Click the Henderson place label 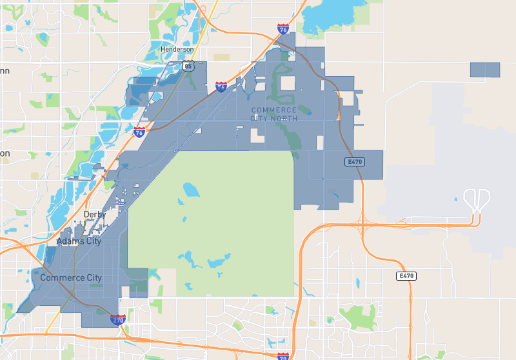177,50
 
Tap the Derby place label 94,214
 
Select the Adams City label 79,241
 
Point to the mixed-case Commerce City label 71,278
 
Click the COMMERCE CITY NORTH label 274,114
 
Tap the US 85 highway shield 188,66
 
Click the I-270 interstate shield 117,319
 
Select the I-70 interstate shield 283,356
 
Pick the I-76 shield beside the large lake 283,29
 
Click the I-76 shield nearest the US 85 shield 221,87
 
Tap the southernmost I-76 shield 139,132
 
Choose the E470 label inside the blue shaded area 355,161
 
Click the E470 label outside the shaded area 406,275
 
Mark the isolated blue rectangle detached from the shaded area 485,70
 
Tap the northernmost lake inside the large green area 191,190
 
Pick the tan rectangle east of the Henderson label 222,57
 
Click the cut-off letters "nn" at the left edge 5,71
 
